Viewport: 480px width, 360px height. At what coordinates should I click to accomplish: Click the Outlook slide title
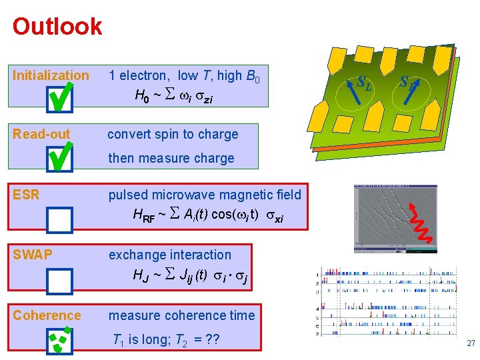coord(57,27)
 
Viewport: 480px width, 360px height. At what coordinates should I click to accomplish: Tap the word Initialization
coord(51,75)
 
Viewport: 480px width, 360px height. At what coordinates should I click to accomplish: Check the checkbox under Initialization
coord(61,99)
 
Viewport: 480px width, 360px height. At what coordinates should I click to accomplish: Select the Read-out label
coord(41,134)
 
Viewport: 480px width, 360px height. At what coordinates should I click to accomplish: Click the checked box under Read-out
coord(61,158)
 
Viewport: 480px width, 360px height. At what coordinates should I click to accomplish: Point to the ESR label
coord(26,195)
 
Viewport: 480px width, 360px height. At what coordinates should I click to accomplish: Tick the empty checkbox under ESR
coord(60,219)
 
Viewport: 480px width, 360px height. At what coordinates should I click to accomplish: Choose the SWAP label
coord(33,255)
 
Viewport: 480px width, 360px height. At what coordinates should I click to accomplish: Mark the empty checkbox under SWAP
coord(60,281)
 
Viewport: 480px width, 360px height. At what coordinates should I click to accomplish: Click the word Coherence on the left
coord(47,315)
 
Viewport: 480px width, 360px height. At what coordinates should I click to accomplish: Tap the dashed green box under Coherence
coord(60,340)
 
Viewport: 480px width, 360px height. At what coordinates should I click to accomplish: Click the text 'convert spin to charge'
coord(173,134)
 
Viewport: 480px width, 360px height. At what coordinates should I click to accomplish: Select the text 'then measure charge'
coord(171,158)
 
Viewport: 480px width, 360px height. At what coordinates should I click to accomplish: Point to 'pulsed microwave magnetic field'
coord(205,195)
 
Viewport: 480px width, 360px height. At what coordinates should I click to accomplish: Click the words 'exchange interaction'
coord(170,255)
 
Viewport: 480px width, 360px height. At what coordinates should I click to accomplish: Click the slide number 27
coord(471,343)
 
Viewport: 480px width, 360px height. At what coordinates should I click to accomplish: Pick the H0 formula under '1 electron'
coord(174,97)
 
